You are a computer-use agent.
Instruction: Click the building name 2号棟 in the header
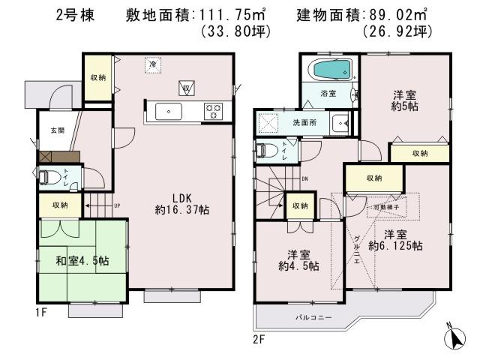click(x=74, y=14)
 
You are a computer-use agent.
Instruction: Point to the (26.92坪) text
click(x=395, y=32)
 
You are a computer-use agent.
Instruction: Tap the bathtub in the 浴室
click(x=331, y=71)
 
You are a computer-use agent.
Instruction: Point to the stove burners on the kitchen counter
click(x=213, y=112)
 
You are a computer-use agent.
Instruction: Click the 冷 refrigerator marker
click(x=153, y=64)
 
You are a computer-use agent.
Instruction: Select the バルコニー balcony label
click(x=309, y=318)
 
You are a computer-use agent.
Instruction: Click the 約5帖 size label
click(x=405, y=108)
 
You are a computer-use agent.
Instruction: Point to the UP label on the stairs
click(x=116, y=205)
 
